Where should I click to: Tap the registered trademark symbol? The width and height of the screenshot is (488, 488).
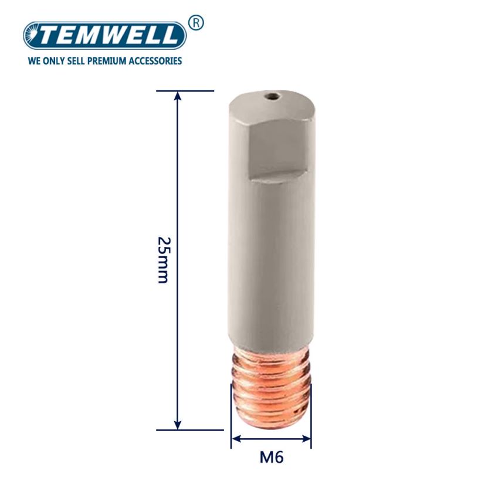[x=196, y=23]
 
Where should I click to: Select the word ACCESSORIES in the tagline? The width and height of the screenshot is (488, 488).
[x=157, y=60]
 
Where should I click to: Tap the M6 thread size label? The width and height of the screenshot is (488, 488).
[x=272, y=457]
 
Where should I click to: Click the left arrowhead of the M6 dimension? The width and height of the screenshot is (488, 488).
[x=235, y=438]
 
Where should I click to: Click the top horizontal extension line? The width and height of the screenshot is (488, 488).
[x=185, y=91]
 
